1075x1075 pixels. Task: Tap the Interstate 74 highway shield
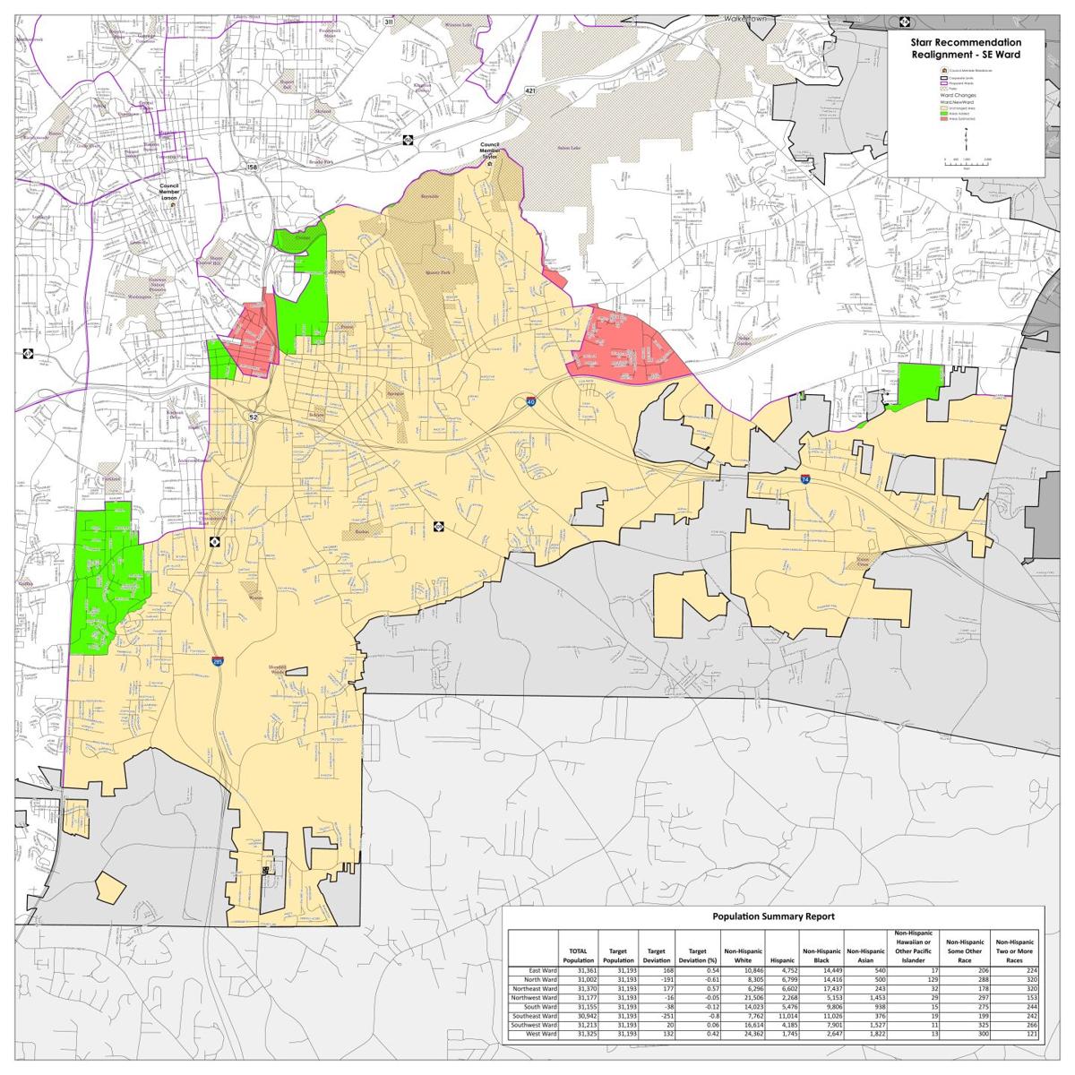(x=805, y=480)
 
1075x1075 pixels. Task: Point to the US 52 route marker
(x=254, y=417)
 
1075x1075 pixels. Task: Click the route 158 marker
(x=252, y=168)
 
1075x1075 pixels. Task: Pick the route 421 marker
(x=530, y=91)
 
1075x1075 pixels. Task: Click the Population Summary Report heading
(x=773, y=916)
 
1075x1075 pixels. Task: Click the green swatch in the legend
(x=943, y=113)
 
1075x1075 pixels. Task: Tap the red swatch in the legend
(x=943, y=118)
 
